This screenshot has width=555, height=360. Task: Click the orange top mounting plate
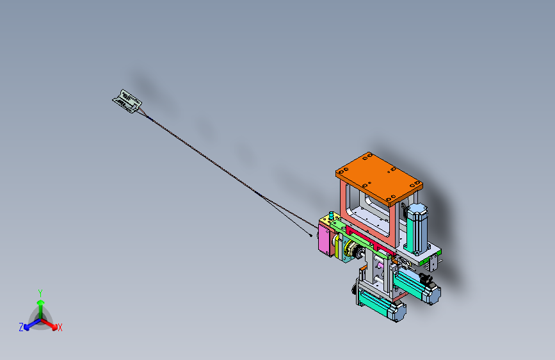coord(379,178)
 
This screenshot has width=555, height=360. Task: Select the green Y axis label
coord(40,293)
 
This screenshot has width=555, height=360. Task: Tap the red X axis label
coord(60,328)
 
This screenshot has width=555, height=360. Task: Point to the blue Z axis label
coord(21,327)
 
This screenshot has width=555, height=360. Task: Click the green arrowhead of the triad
coord(41,302)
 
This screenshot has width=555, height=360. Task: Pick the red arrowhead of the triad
coord(54,327)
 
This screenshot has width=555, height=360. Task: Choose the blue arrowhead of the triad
coord(26,328)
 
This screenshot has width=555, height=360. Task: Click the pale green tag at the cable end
coord(127,101)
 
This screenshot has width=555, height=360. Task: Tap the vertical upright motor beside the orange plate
coord(417,229)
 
